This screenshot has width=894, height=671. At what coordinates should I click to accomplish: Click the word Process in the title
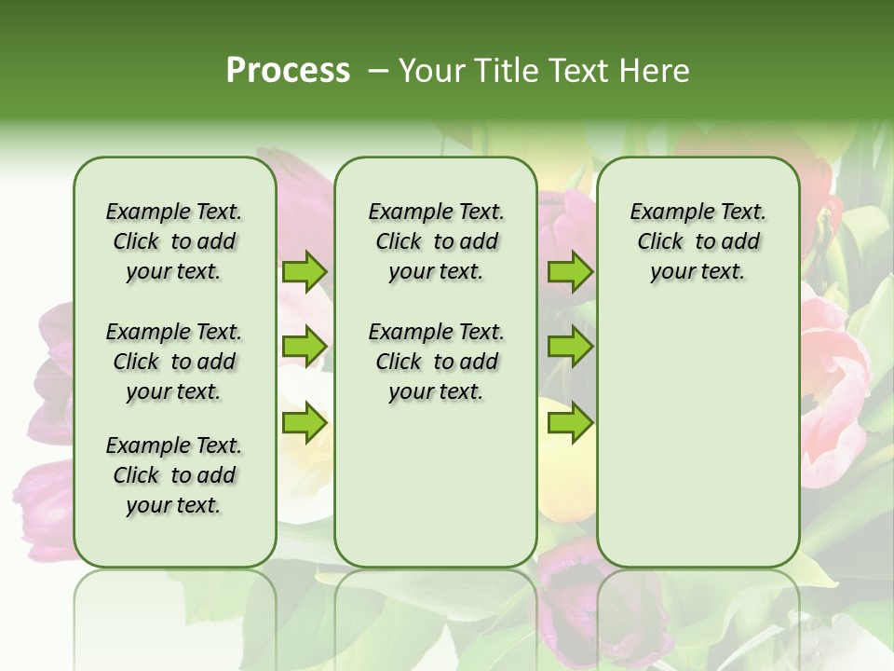(288, 71)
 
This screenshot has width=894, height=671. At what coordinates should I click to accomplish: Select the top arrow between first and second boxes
(305, 271)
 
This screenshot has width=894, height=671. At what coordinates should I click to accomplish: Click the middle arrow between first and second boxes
(305, 347)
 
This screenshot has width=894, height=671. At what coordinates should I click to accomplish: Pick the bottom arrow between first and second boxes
(305, 423)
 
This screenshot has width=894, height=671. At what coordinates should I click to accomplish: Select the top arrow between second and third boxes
(569, 271)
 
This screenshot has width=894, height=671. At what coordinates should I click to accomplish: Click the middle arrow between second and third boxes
(569, 347)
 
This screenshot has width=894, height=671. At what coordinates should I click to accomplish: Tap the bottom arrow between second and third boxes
(569, 423)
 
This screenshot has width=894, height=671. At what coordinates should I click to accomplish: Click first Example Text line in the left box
(174, 212)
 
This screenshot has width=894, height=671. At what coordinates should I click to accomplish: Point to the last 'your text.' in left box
(174, 505)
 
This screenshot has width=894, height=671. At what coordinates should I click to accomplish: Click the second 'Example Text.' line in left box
(174, 332)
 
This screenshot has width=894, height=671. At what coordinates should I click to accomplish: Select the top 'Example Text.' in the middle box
(436, 212)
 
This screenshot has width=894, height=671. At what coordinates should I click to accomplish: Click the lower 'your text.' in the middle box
(436, 391)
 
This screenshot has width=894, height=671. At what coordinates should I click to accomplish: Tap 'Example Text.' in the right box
(698, 212)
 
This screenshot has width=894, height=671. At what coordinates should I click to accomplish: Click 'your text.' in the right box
(698, 271)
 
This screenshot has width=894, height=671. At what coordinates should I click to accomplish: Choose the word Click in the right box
(660, 241)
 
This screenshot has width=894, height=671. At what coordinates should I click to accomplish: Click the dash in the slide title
(377, 71)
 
